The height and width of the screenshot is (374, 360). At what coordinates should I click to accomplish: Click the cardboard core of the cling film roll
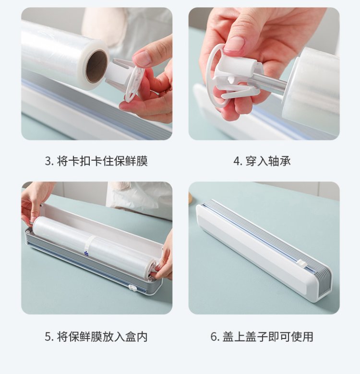coord(96,67)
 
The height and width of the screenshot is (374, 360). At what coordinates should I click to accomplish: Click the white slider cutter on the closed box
coord(302,264)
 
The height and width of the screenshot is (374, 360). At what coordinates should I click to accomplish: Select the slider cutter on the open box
coord(132,288)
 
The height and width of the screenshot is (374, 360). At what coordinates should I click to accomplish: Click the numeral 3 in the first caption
coord(48,161)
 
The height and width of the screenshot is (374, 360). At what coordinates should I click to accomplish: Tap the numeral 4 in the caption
coord(237,161)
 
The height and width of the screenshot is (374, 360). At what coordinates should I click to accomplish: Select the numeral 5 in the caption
coord(48,337)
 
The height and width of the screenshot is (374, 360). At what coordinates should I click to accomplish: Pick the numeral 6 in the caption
coord(214,337)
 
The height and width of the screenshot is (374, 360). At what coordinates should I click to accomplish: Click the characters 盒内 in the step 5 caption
coord(136,337)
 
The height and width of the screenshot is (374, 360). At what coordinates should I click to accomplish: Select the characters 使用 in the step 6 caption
coord(302,337)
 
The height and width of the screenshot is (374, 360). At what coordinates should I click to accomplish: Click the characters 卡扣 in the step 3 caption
coord(79,161)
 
